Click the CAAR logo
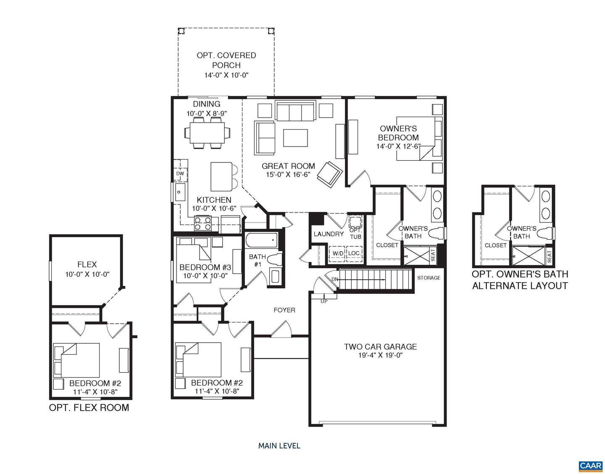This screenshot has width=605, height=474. coord(591,465)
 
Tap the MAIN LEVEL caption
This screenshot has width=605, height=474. coord(279,446)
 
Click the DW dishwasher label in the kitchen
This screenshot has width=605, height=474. coord(180,174)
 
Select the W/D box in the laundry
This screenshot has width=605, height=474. coord(338,254)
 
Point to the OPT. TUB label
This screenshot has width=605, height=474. coord(355,233)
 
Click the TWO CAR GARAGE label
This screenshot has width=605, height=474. coord(380,347)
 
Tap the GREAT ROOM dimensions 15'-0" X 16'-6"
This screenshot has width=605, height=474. coord(288,175)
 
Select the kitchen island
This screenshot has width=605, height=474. coord(221,176)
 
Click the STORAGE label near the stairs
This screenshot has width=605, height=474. coord(429,278)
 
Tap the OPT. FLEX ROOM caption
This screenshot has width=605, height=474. coord(89,408)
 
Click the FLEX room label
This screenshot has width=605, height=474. coord(87,264)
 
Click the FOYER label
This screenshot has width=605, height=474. coord(284,310)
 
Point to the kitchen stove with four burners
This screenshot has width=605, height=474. coord(203,223)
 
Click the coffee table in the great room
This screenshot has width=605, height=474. coord(295,138)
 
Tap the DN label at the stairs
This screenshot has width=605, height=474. coord(334,279)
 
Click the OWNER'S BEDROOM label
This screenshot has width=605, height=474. coord(398,133)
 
